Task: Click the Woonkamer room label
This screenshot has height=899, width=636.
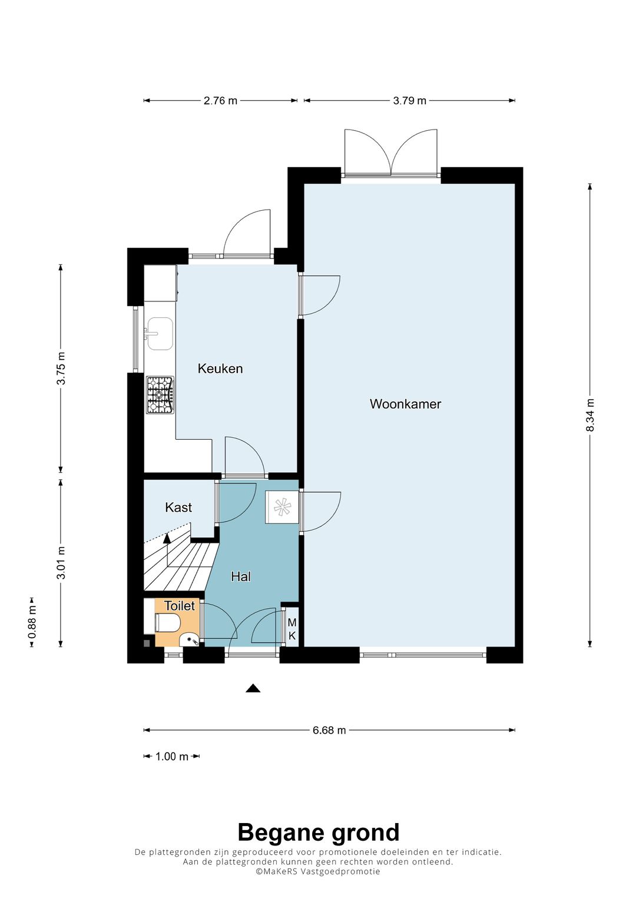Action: (405, 404)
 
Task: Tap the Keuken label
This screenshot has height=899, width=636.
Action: (220, 369)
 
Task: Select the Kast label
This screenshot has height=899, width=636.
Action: (178, 507)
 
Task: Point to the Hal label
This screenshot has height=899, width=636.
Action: (240, 577)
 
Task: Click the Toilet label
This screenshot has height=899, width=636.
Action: (180, 606)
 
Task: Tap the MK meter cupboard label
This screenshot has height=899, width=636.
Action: (292, 629)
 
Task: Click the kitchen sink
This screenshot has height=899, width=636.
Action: (160, 334)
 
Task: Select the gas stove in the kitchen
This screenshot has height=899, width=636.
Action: (160, 395)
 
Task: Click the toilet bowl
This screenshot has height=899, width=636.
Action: (168, 622)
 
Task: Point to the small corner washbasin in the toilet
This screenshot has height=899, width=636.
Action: (190, 639)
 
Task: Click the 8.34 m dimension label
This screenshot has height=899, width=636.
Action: (589, 416)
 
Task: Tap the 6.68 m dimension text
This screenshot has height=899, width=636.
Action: (329, 730)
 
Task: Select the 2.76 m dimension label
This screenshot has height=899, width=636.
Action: (220, 100)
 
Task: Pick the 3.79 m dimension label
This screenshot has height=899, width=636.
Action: (409, 100)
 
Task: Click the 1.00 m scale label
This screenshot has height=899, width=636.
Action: (172, 757)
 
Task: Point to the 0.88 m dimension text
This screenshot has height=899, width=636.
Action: (32, 622)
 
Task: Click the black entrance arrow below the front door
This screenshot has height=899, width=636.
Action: (253, 688)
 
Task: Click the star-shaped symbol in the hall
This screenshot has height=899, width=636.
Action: (282, 506)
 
